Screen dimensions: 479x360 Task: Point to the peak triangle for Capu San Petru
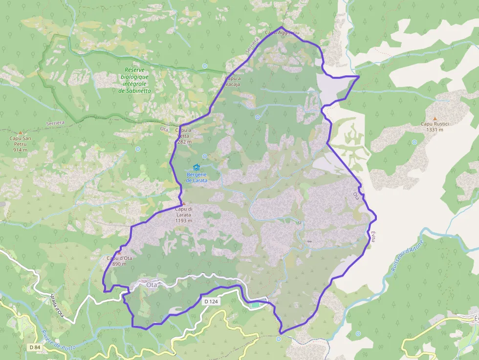pyautogui.click(x=20, y=132)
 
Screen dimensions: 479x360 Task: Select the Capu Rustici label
pyautogui.click(x=435, y=127)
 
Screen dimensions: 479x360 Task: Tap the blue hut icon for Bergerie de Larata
pyautogui.click(x=196, y=168)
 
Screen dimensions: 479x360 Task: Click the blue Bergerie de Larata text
pyautogui.click(x=196, y=177)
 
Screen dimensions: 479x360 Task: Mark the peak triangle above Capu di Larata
pyautogui.click(x=183, y=203)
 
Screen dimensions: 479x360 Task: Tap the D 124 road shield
pyautogui.click(x=211, y=301)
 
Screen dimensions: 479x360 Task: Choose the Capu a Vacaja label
pyautogui.click(x=233, y=81)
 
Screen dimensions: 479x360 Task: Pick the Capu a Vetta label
pyautogui.click(x=183, y=136)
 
